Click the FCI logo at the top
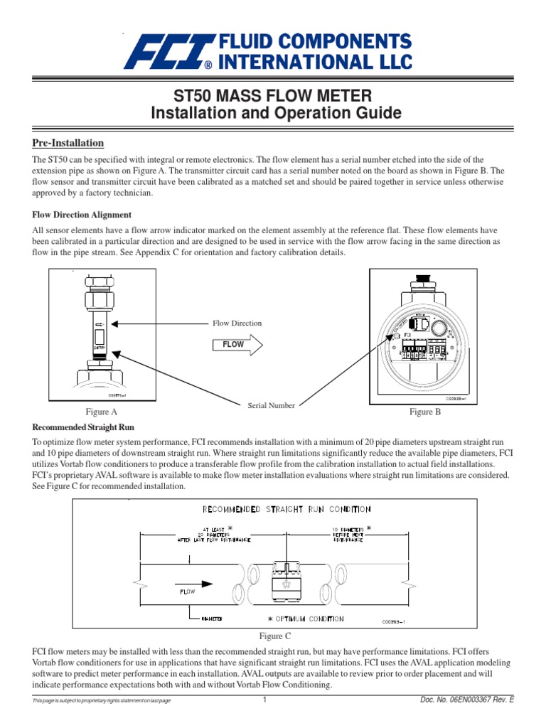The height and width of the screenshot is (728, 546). [x=269, y=52]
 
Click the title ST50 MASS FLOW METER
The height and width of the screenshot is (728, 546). [x=273, y=96]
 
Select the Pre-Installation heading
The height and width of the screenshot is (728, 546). [x=68, y=143]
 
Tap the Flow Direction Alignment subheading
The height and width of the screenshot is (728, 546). [x=82, y=215]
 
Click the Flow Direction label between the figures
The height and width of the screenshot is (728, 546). [x=237, y=323]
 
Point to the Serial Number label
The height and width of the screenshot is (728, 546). [x=271, y=405]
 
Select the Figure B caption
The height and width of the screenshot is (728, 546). [x=425, y=412]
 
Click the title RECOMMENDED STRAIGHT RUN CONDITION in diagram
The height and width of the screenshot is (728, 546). [x=287, y=509]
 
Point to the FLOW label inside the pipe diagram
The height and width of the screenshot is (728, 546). [x=183, y=590]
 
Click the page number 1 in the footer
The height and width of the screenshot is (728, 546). [x=264, y=701]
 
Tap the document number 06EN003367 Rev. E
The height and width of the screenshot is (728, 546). [x=467, y=701]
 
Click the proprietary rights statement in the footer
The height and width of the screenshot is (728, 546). [x=102, y=702]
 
